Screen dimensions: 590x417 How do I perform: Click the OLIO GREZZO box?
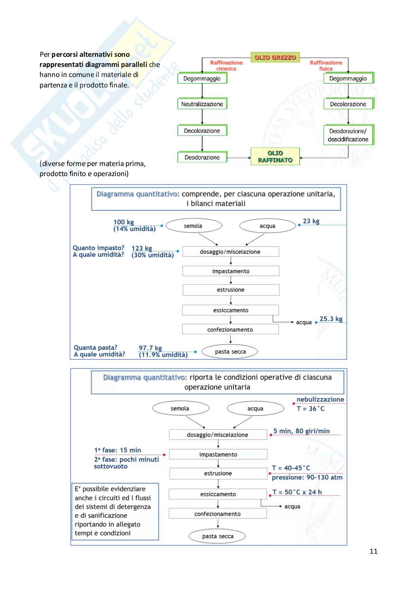pyautogui.click(x=275, y=58)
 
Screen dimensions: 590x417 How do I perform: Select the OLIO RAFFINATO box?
pyautogui.click(x=275, y=156)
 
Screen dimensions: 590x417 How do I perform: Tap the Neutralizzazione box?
pyautogui.click(x=202, y=104)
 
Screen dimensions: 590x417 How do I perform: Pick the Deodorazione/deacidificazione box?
pyautogui.click(x=348, y=135)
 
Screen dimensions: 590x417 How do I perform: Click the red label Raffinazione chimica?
pyautogui.click(x=226, y=66)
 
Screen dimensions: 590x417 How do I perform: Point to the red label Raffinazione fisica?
pyautogui.click(x=326, y=66)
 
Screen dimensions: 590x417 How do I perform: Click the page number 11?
pyautogui.click(x=373, y=551)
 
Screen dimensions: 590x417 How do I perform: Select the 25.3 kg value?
pyautogui.click(x=331, y=319)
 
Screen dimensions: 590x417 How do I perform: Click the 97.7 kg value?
pyautogui.click(x=150, y=348)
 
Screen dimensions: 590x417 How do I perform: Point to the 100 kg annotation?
pyautogui.click(x=124, y=222)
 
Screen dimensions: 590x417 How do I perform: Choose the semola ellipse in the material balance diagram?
pyautogui.click(x=193, y=226)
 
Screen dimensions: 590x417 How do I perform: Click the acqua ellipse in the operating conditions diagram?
pyautogui.click(x=255, y=409)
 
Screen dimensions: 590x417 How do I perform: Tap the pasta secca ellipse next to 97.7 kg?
pyautogui.click(x=230, y=351)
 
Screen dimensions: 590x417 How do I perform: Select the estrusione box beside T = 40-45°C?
pyautogui.click(x=218, y=473)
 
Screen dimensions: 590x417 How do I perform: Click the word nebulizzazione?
pyautogui.click(x=320, y=399)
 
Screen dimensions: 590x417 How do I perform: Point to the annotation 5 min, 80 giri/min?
pyautogui.click(x=302, y=431)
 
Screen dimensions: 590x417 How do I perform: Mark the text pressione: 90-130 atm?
pyautogui.click(x=307, y=477)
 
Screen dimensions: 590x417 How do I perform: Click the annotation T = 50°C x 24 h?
pyautogui.click(x=297, y=492)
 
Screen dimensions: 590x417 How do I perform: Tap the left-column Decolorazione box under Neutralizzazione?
pyautogui.click(x=202, y=131)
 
